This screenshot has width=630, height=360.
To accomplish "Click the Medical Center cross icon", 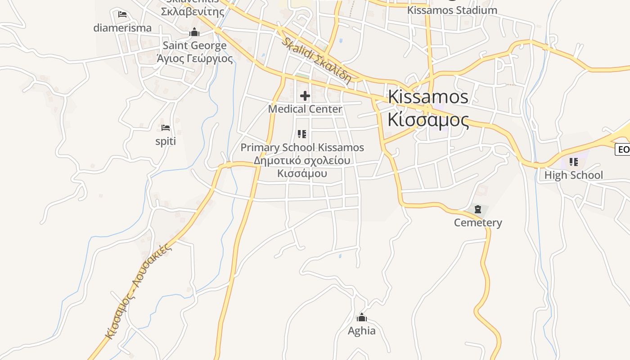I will pos(305,95).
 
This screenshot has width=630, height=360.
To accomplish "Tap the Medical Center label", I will pos(305,109).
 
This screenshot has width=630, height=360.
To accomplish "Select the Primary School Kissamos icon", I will pos(302,134).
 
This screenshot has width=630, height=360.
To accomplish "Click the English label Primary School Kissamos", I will pos(302,148).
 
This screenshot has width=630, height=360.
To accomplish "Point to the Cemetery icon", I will pos(478,209).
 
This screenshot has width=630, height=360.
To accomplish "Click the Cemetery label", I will pos(478,223).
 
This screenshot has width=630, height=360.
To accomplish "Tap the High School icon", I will pos(573,162).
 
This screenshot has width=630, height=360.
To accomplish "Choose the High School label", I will pos(573,175).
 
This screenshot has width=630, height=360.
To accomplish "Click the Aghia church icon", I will pos(362,317).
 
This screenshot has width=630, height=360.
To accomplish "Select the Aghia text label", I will pos(362,331).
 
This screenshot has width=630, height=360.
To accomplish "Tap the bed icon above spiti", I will pos(166,128).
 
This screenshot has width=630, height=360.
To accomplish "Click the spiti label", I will pos(166,142).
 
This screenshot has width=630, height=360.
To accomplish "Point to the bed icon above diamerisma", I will pos(122,14).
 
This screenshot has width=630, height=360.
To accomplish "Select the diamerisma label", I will pos(122,28).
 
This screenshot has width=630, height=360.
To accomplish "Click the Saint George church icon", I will pos(194,32).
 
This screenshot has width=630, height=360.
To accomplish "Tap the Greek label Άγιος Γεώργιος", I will pos(194,58).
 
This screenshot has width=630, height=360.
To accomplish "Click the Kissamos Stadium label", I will pos(452,10).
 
